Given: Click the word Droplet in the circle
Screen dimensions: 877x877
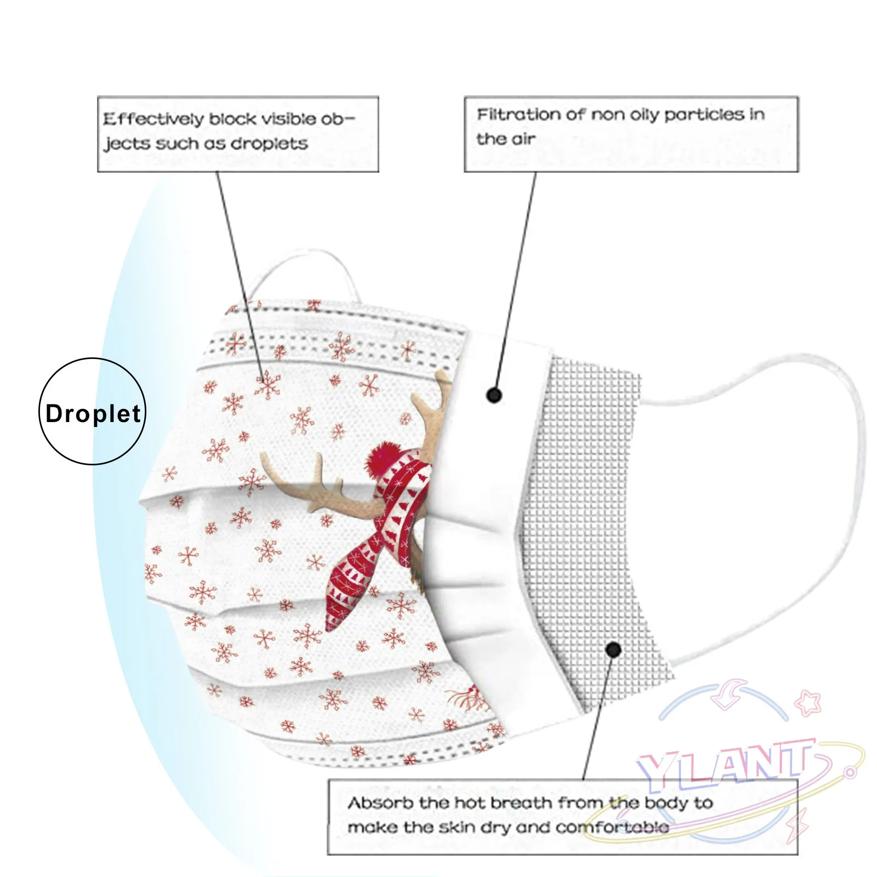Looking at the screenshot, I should [x=93, y=413].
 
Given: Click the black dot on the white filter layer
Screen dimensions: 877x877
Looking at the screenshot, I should [x=494, y=395].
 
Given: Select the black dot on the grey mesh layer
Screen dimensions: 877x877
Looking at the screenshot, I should [x=613, y=650].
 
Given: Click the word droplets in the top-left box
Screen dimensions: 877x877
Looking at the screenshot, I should [x=269, y=144].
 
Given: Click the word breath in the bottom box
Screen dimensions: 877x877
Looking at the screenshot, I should [x=521, y=803].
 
